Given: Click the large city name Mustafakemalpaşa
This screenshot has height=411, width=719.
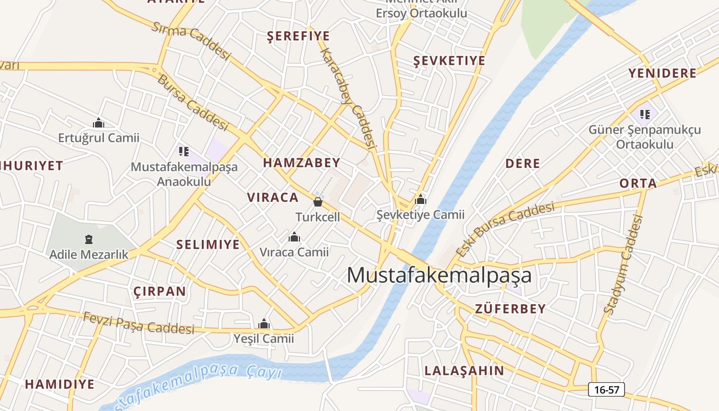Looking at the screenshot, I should [x=439, y=275].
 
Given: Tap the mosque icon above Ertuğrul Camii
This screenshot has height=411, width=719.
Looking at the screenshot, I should [x=99, y=123].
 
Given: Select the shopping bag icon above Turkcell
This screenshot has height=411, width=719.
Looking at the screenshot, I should [x=318, y=201].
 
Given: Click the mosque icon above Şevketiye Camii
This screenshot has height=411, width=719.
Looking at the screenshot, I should [x=421, y=200].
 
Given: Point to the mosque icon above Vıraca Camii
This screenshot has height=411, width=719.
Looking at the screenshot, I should [x=294, y=237].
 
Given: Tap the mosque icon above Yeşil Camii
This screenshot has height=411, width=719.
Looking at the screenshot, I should [x=264, y=324].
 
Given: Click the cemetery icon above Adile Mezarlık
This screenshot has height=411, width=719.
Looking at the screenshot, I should [x=89, y=239].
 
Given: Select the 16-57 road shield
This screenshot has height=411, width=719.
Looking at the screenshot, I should [x=607, y=389].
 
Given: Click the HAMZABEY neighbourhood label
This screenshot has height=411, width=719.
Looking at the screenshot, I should [x=301, y=163].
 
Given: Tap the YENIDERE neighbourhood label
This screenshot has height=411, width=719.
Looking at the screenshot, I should [x=663, y=73].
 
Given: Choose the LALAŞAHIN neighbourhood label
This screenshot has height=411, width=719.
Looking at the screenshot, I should [x=464, y=370].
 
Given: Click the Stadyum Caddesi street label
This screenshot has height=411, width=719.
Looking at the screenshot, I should [x=623, y=265].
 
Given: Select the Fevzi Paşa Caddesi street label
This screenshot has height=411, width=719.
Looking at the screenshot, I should [x=139, y=323].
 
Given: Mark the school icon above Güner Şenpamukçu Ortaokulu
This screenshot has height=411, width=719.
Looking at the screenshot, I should [x=645, y=114].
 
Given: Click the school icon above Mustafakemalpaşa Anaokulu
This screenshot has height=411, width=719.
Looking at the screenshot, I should [x=184, y=151].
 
